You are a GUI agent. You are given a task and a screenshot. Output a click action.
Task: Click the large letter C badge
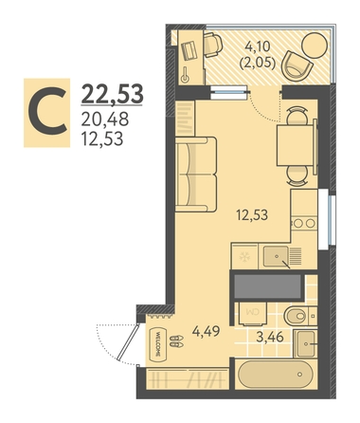coord(46,113)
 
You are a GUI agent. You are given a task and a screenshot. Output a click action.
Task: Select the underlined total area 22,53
coord(112,94)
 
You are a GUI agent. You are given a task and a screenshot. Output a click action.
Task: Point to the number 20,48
coord(105,120)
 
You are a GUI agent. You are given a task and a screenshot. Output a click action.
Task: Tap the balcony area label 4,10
coord(258,46)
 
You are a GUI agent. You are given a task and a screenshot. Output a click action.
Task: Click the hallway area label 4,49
coord(206,331)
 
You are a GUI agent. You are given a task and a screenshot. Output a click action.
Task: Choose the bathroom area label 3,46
coord(270,337)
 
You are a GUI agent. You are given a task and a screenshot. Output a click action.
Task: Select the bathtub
coord(275,375)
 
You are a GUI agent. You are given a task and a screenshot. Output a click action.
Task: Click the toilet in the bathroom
coord(300,316)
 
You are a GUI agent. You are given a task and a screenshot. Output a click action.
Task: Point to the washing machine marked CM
coord(253,314)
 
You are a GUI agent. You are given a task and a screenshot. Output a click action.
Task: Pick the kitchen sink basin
coord(276,256)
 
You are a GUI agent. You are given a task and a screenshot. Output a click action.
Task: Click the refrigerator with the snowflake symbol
coord(244,256)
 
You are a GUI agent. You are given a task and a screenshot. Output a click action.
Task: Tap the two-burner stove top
coord(304,224)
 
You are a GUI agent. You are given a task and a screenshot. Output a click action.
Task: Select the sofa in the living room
coord(196,175)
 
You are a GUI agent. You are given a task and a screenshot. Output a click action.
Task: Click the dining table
coord(297,145)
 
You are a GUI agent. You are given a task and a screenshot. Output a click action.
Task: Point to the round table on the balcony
coord(315,45)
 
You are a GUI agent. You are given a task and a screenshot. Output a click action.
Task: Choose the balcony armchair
coord(297,65)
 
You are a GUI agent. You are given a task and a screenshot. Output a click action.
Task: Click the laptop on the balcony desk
coord(190,50)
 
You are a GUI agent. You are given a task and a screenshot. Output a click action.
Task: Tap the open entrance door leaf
coord(128,342)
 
